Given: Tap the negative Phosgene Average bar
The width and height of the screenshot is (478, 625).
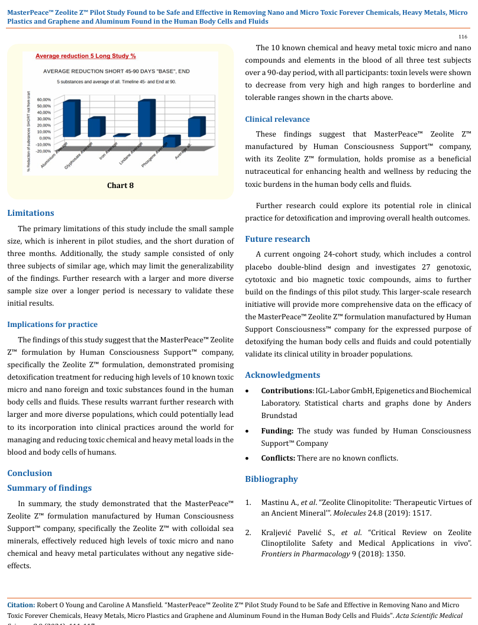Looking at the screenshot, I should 170,141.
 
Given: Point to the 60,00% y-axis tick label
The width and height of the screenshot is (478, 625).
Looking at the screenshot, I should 44,99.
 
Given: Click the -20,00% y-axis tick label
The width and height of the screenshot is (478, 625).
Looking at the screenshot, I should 43,151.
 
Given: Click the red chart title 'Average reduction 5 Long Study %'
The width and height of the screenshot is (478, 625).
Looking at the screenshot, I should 86,56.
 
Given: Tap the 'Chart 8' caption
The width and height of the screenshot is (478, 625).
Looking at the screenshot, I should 120,186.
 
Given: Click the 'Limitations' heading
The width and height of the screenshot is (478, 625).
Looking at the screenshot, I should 30,213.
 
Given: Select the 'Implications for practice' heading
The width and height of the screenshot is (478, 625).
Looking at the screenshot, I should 52,324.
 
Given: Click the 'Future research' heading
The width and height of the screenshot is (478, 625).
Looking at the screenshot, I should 277,239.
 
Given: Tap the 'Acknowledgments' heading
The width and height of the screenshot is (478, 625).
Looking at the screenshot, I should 282,375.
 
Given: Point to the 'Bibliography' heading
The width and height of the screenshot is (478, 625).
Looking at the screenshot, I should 271,479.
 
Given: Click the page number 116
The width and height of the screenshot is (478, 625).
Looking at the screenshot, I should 463,37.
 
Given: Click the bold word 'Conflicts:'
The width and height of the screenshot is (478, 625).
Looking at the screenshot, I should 279,458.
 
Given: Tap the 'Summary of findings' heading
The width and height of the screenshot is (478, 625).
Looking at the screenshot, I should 49,488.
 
